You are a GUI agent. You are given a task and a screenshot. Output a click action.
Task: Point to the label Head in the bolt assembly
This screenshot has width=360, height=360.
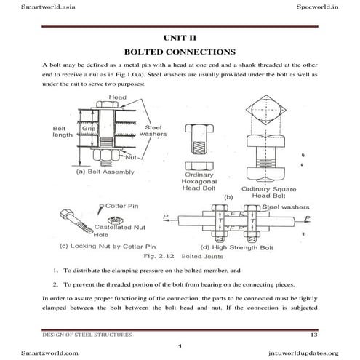(117, 97)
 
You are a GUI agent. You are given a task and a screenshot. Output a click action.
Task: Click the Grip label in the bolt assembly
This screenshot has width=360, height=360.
(88, 129)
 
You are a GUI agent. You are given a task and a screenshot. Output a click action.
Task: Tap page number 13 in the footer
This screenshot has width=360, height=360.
(334, 334)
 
